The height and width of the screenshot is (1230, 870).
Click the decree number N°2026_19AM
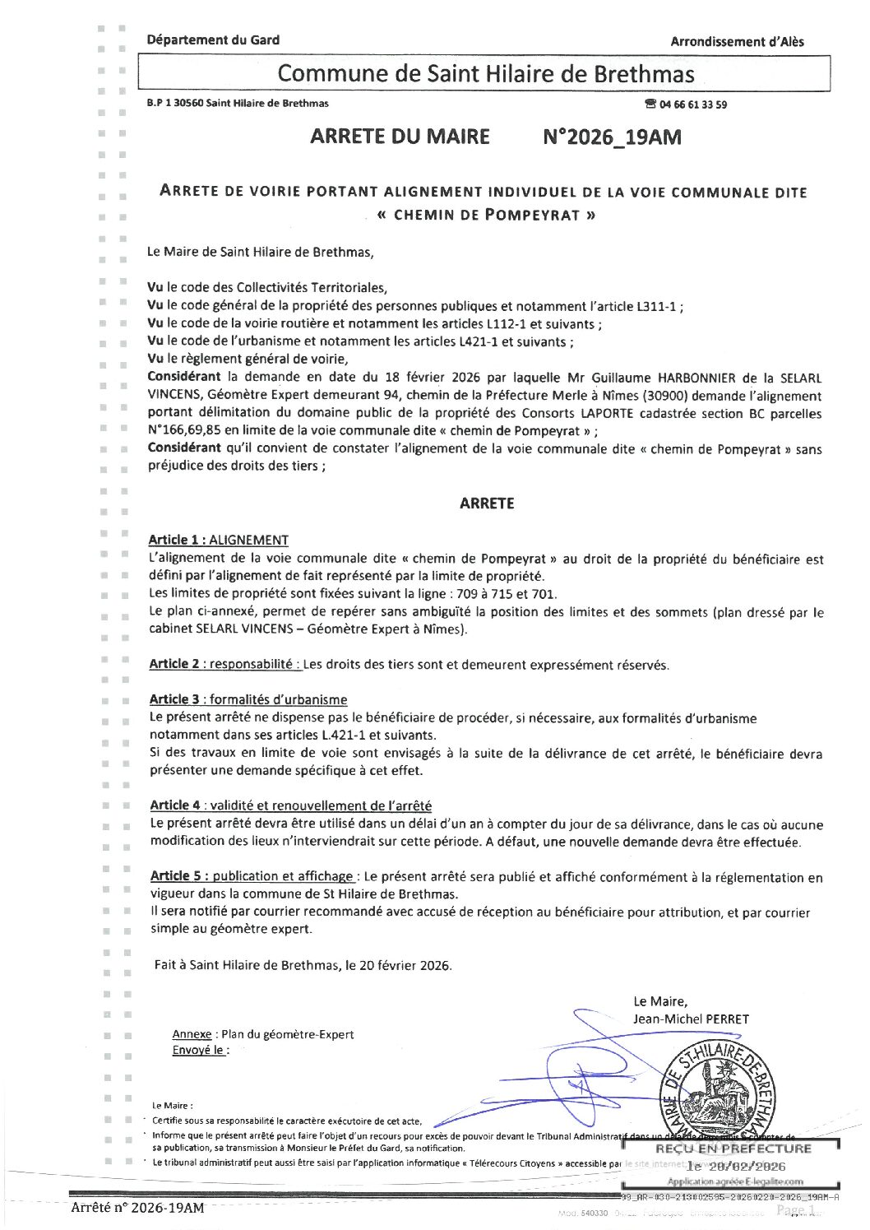[x=612, y=137]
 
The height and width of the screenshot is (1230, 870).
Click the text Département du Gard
[x=213, y=39]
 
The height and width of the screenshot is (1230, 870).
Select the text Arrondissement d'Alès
[x=737, y=41]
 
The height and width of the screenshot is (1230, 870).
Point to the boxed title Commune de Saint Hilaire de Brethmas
[x=485, y=73]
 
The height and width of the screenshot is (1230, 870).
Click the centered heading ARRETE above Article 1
[x=487, y=504]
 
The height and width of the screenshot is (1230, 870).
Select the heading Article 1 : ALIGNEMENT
[x=218, y=541]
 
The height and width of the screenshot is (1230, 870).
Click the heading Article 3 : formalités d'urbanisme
[x=248, y=699]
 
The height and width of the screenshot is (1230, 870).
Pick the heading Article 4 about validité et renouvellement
[x=290, y=805]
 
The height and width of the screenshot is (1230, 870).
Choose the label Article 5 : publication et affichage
[x=252, y=876]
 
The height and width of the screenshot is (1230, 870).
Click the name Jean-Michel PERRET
[x=691, y=1019]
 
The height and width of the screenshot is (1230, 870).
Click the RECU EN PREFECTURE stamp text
[x=733, y=1149]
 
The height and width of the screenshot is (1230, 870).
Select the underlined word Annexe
[x=192, y=1034]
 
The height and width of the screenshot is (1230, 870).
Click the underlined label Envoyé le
[x=197, y=1051]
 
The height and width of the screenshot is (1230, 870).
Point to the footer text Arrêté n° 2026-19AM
[x=137, y=1208]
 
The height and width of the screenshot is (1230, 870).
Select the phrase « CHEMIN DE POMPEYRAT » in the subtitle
[x=485, y=216]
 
